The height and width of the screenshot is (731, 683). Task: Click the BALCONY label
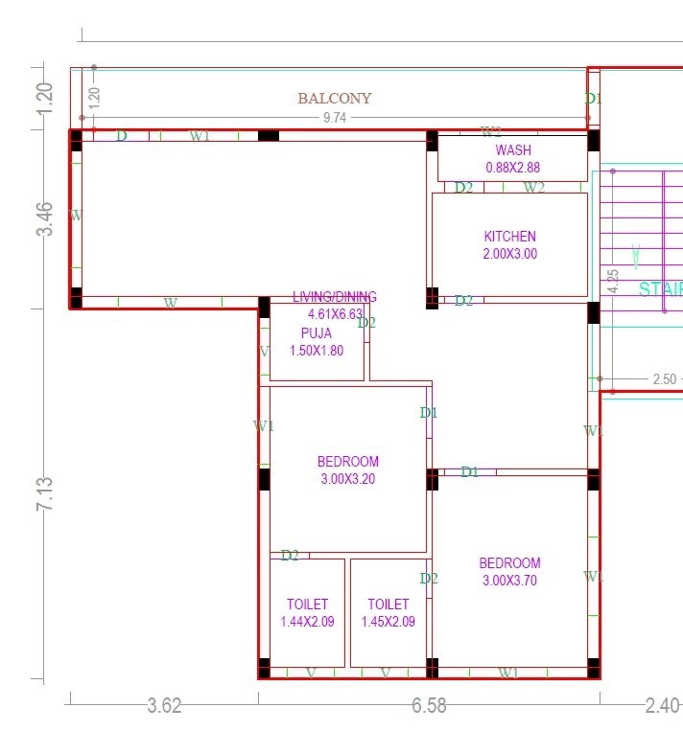[x=334, y=99]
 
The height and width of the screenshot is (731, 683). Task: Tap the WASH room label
[x=512, y=150]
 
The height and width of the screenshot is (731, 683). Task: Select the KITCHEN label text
[x=509, y=237]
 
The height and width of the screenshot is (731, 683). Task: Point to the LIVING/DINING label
[x=334, y=297]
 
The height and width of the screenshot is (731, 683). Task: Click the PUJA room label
[x=316, y=333]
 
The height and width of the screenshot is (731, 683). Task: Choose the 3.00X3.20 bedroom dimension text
[x=349, y=478]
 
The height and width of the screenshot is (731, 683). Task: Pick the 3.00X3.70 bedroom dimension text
[x=509, y=580]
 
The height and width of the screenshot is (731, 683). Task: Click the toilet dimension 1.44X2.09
[x=307, y=622]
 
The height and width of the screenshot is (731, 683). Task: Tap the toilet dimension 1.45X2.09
[x=389, y=622]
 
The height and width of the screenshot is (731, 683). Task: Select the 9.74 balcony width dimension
[x=334, y=118]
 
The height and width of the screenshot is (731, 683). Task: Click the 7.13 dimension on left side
[x=44, y=494]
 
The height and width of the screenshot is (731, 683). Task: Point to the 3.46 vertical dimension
[x=44, y=219]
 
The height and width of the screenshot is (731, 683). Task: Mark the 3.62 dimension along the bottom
[x=164, y=706]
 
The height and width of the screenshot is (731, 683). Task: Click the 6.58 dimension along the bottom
[x=429, y=706]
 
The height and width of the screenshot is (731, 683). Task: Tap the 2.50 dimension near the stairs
[x=664, y=379]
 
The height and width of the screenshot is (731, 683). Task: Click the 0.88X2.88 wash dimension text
[x=512, y=167]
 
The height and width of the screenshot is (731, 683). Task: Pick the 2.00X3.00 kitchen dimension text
[x=509, y=254]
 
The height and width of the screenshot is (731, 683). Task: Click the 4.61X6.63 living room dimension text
[x=335, y=314]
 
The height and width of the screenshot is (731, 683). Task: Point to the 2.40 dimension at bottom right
[x=664, y=706]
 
